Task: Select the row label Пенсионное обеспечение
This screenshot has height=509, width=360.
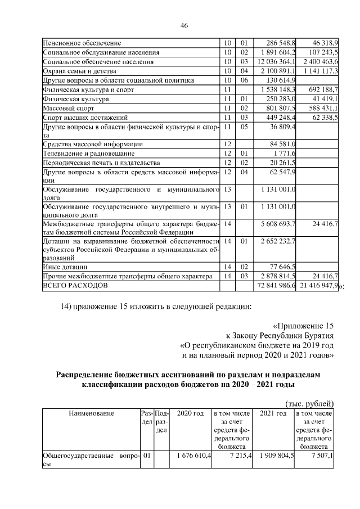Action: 82,43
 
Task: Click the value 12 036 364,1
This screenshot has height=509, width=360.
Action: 276,61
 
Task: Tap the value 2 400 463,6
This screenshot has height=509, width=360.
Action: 319,61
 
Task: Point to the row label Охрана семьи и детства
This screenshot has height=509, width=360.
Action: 79,71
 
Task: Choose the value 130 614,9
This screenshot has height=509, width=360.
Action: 281,80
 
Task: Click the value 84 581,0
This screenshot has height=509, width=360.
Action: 283,145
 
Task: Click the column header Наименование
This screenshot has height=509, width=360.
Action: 91,413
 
